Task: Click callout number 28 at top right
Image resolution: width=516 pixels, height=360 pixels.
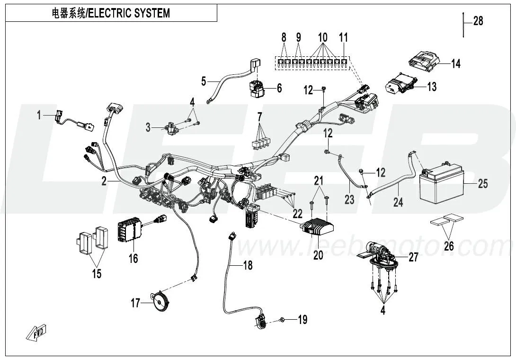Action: [478, 21]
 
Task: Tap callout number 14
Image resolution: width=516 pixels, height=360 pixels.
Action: [455, 63]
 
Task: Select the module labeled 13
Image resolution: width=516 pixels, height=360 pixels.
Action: [400, 85]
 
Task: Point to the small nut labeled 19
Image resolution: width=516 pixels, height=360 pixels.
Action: [282, 320]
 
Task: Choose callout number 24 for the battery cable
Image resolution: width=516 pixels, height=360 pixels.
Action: [398, 202]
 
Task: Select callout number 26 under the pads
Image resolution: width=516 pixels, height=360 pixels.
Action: [448, 246]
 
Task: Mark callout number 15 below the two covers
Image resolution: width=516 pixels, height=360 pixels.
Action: [97, 273]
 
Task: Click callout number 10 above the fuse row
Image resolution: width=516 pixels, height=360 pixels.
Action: [322, 37]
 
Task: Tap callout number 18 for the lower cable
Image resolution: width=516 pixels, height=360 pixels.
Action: [247, 265]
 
